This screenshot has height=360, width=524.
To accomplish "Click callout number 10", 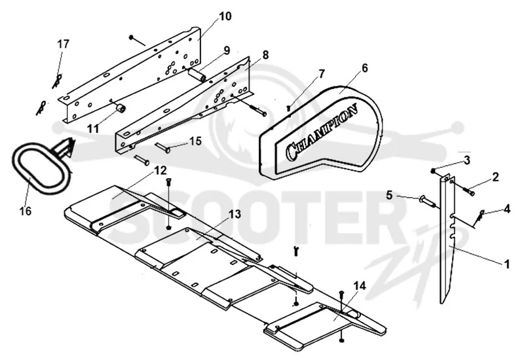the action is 225,16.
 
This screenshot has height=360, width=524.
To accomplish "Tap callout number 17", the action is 63,44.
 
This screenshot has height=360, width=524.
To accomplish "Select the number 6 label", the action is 364,68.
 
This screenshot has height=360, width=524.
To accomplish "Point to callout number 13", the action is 235,214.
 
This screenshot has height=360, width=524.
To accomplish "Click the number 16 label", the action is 26,211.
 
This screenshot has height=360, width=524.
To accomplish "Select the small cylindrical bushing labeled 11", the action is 121,109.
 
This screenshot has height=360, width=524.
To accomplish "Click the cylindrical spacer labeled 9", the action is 198,75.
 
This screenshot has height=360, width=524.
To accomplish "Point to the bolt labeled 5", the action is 425,200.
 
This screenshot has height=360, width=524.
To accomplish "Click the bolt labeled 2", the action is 469,191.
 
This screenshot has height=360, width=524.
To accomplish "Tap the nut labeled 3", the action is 433,171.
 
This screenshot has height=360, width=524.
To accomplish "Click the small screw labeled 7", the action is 289,108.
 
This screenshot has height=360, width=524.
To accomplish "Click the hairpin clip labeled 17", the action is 57,81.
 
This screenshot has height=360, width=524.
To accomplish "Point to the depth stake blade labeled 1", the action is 447,240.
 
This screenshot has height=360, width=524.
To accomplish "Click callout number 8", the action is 265,55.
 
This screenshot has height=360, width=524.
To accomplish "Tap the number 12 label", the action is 160,170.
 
